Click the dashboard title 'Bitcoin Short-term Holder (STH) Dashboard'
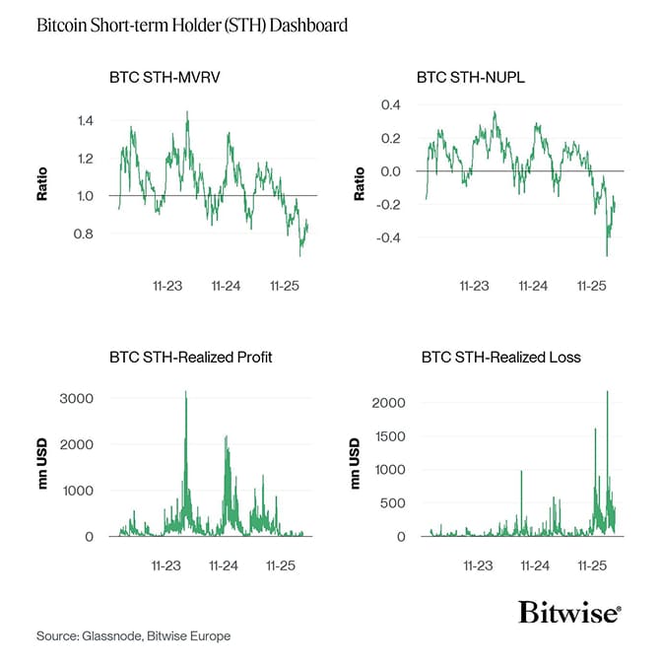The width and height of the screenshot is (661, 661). point(191,25)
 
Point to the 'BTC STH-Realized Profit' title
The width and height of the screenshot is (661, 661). point(190,357)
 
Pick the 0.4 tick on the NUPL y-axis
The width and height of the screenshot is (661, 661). point(391,104)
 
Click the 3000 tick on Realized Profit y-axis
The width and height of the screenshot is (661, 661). point(76,398)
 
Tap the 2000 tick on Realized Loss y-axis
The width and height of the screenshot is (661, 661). point(386,403)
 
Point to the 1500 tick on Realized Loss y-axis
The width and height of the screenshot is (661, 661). point(386,436)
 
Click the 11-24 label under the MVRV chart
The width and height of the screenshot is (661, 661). point(226,286)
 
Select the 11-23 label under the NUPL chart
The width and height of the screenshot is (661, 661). point(475,286)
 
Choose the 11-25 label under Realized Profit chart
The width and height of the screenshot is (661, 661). point(282,566)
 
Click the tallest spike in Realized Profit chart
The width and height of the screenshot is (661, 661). point(185,393)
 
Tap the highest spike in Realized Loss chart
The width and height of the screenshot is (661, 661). point(607,392)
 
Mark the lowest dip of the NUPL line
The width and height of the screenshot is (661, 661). point(606,255)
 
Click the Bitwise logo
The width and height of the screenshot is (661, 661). point(569,612)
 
